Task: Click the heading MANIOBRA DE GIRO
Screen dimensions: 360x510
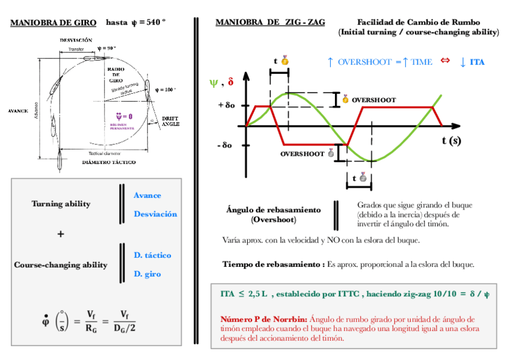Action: coord(54,23)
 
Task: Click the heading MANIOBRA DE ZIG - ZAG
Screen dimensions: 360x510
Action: coord(270,23)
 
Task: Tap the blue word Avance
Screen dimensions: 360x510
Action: coord(147,195)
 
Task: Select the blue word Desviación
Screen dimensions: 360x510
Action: coord(155,214)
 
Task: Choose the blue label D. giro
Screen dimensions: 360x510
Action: coord(147,274)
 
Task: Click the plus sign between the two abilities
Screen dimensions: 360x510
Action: coord(61,234)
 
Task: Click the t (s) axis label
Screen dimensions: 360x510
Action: coord(451,141)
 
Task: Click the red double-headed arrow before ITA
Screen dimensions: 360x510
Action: coord(445,61)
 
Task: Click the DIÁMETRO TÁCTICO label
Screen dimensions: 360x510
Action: coord(109,162)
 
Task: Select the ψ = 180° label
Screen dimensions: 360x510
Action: coord(165,90)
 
